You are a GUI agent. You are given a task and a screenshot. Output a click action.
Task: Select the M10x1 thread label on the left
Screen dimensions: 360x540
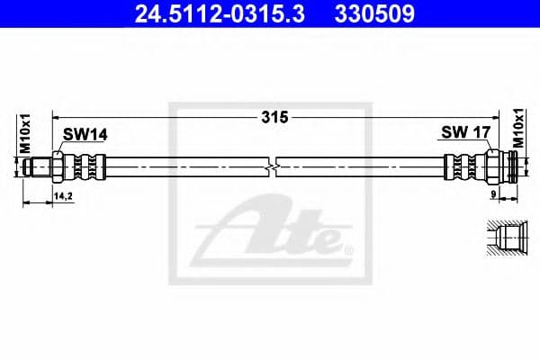(26, 136)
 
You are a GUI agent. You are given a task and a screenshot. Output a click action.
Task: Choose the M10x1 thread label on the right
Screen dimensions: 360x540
(518, 130)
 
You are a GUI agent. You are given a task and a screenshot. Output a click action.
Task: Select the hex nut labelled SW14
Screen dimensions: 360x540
(58, 166)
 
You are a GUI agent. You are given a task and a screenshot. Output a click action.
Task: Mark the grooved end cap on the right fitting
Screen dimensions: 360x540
(513, 166)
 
